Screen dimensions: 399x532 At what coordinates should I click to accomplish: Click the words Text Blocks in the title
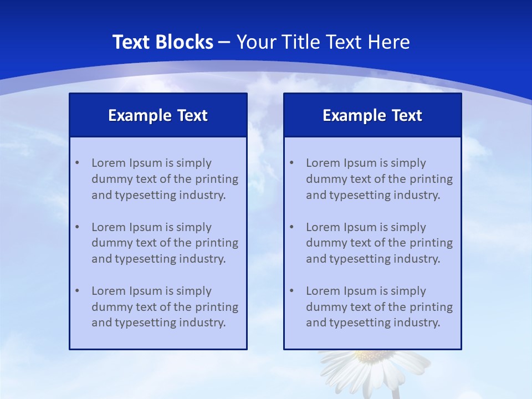coord(162,42)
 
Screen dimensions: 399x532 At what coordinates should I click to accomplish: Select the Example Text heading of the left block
coord(158,115)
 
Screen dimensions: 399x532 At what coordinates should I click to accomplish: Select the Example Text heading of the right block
coord(372,115)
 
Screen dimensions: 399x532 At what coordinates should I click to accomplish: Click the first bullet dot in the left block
coord(77,163)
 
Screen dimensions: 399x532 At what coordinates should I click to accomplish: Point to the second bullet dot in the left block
coord(77,227)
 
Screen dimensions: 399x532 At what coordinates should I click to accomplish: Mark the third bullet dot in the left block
coord(77,291)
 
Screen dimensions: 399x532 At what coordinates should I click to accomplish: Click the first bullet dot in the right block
coord(291,163)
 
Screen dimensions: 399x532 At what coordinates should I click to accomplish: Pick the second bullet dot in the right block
coord(291,227)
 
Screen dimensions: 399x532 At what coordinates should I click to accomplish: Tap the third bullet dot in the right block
coord(291,291)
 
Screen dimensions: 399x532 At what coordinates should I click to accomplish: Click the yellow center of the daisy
coord(372,356)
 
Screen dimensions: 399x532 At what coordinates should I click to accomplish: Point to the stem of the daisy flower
coord(396,393)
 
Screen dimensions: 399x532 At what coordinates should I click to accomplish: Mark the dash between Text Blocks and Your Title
coord(224,42)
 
